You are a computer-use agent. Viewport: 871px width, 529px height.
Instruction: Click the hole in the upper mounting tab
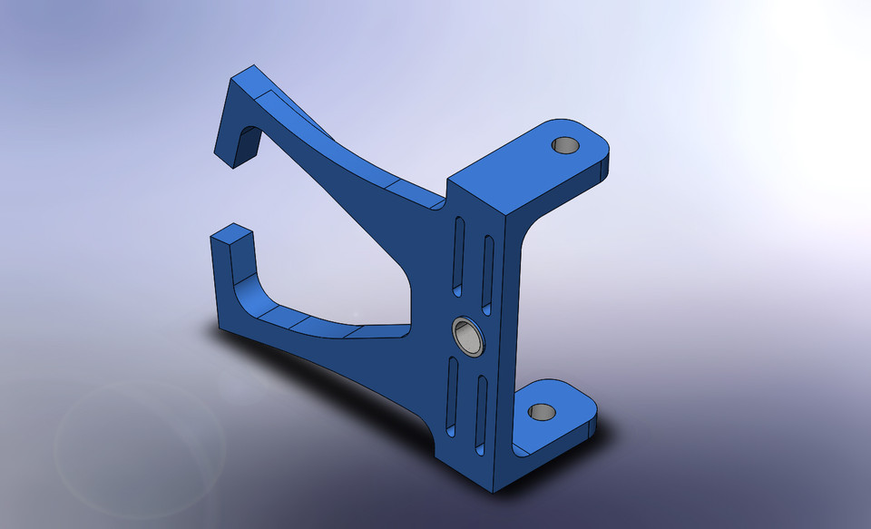click(565, 144)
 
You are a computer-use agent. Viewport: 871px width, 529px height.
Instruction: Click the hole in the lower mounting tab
click(542, 412)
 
